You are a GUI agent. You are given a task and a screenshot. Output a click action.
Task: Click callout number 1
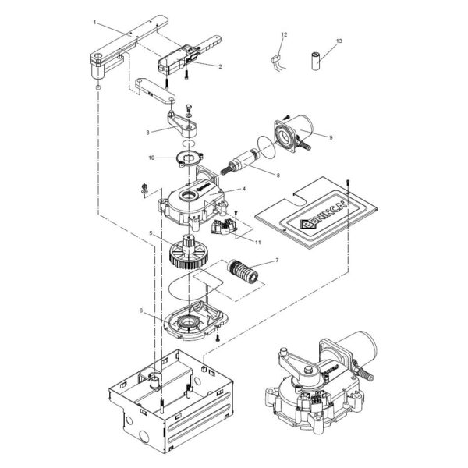(x=95, y=23)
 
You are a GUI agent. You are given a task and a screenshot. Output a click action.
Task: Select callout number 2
(x=220, y=66)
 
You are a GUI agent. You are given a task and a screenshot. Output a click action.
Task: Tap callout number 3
(x=147, y=133)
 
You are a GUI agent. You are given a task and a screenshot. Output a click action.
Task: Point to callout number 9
(x=331, y=137)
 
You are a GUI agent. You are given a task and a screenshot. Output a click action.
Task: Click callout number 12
(x=284, y=34)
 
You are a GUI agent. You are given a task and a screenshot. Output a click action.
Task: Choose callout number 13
(x=339, y=41)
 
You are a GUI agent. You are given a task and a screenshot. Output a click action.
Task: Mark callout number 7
(x=277, y=261)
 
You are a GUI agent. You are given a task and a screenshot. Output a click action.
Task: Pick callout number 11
(x=258, y=242)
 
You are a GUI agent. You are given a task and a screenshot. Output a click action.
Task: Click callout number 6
(x=141, y=310)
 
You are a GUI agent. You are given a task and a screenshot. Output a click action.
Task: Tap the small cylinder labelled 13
(x=316, y=61)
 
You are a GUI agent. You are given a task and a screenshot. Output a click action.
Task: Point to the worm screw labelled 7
(x=242, y=271)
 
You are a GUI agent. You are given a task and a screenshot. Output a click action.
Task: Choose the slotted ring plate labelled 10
(x=189, y=158)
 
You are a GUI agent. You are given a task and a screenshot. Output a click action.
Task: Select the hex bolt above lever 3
(x=188, y=108)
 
